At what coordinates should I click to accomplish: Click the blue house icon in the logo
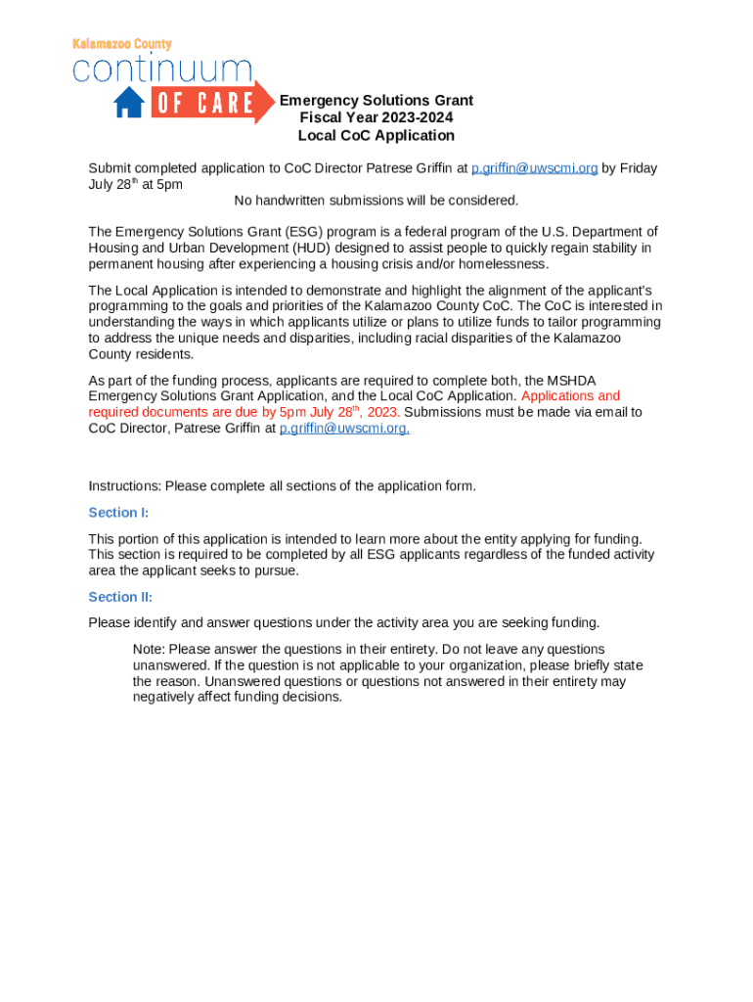129,102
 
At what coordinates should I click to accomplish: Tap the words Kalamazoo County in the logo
122,44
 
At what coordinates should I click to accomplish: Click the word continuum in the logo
162,69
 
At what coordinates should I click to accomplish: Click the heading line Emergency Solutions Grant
376,100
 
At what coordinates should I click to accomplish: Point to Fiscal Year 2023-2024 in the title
376,117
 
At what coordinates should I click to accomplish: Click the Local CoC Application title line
376,135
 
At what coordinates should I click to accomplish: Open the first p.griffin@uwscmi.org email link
534,168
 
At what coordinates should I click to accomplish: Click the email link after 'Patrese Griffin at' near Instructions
344,428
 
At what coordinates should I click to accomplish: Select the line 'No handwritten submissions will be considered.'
376,201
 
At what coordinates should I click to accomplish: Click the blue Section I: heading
118,513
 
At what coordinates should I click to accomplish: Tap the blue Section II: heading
120,597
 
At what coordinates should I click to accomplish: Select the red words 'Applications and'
571,396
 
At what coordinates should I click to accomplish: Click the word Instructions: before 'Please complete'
125,486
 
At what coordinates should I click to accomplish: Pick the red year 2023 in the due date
382,412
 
